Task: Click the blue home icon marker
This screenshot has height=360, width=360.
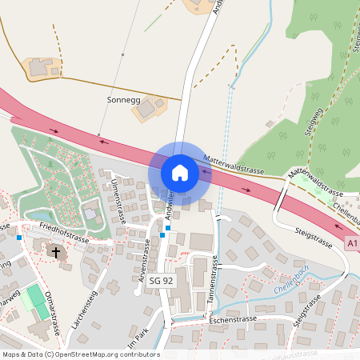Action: click(x=180, y=173)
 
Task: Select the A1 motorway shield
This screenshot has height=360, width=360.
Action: click(x=353, y=242)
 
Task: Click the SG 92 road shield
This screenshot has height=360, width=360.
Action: click(x=161, y=280)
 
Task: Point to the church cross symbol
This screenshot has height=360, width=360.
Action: click(x=56, y=252)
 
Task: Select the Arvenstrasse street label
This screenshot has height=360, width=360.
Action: click(x=145, y=266)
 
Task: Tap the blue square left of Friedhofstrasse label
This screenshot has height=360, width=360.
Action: click(x=19, y=238)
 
